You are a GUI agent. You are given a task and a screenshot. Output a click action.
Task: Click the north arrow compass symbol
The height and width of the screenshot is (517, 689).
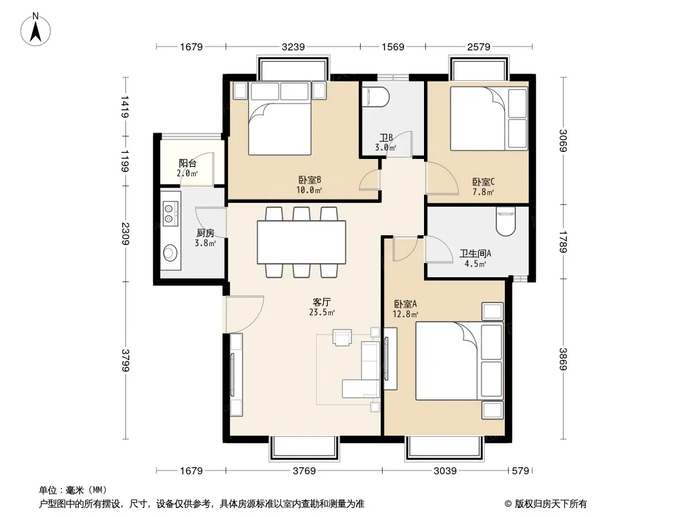(36, 30)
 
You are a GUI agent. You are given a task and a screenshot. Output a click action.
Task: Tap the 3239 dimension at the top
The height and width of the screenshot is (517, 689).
(293, 47)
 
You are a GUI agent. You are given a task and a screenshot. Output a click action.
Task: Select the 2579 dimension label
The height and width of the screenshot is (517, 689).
(478, 47)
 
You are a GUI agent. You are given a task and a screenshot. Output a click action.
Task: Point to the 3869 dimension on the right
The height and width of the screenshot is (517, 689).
(563, 359)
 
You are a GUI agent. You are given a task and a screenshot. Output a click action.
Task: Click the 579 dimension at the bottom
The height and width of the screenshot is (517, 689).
(520, 471)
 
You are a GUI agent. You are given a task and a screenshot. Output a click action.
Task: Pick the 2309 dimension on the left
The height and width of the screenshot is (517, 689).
(125, 234)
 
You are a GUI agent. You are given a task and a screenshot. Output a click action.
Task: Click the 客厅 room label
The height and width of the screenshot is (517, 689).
(322, 302)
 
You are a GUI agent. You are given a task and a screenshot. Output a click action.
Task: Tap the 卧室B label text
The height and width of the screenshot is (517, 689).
(310, 180)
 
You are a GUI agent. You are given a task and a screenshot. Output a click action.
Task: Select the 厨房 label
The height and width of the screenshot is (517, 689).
(205, 233)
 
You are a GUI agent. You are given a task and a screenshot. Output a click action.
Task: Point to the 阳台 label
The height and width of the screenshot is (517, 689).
(187, 164)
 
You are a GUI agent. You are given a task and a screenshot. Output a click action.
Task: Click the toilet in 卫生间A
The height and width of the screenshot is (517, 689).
(505, 222)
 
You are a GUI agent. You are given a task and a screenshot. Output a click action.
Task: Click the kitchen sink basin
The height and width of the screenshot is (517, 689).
(171, 253)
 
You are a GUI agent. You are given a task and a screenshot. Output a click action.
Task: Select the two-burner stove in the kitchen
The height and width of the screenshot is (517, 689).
(171, 213)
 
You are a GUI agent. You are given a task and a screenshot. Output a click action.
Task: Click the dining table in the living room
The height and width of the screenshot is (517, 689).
(301, 242)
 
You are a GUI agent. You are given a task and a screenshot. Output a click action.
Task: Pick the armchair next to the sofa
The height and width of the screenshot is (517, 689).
(342, 337)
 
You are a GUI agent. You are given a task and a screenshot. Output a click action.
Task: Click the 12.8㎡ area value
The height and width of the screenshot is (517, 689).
(405, 314)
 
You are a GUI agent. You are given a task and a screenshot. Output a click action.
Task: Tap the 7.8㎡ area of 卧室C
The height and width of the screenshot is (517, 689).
(483, 192)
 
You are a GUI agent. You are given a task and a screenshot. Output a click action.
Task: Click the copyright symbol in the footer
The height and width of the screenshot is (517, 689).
(508, 504)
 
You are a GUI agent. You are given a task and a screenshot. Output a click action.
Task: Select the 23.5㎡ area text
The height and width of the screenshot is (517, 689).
(322, 312)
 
